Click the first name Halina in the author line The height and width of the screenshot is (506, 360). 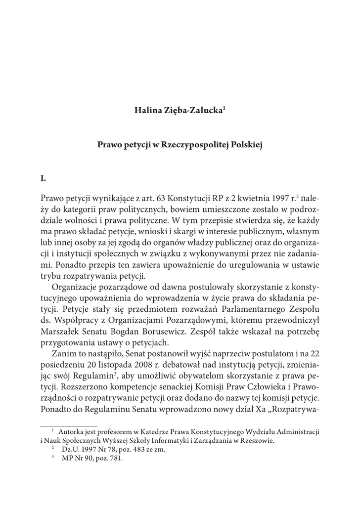pos(147,109)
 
